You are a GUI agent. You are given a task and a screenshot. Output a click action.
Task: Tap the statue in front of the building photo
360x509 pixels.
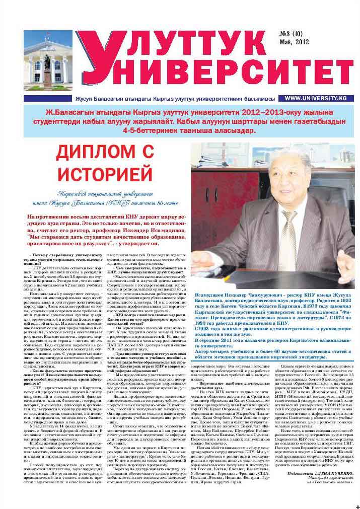47,70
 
